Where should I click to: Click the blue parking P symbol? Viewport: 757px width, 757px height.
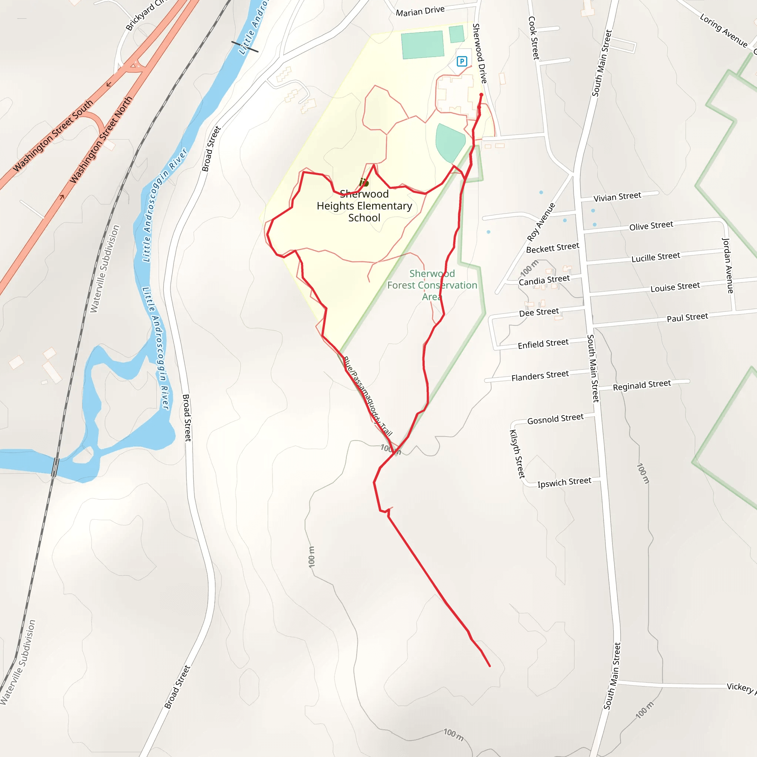(462, 61)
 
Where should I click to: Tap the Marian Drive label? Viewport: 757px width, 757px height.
(420, 11)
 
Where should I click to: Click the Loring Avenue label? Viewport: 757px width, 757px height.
(723, 31)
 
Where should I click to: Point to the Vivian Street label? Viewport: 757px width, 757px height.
(617, 197)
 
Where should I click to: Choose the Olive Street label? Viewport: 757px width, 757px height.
(651, 226)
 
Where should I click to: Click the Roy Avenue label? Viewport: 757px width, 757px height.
(541, 222)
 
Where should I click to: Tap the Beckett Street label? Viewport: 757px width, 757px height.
(553, 248)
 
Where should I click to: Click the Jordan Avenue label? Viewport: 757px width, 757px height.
(727, 265)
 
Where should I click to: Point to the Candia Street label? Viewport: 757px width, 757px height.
(544, 280)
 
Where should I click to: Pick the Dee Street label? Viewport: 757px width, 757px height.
(539, 312)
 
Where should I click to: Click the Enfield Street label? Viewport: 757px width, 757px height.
(543, 344)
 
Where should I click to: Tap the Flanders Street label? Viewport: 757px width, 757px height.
(540, 376)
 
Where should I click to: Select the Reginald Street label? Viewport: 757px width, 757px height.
(642, 385)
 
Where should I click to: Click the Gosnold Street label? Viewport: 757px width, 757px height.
(555, 419)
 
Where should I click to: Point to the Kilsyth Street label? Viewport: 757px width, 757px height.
(517, 454)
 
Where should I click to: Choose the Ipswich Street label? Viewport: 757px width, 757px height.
(564, 482)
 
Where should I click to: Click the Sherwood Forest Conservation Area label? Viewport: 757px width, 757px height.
(432, 285)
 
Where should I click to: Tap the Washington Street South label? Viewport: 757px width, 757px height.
(53, 136)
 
